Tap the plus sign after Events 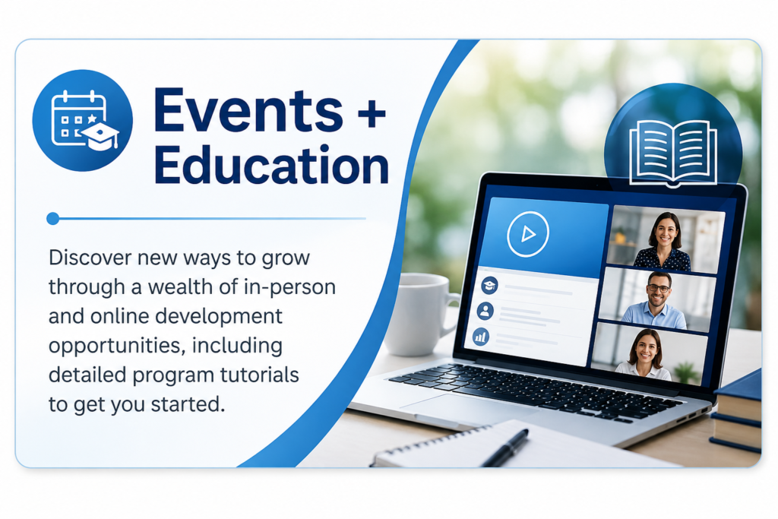click(x=371, y=113)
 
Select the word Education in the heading click(x=271, y=164)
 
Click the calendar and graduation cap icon click(x=82, y=120)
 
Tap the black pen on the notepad click(x=505, y=448)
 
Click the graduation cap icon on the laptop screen click(x=489, y=285)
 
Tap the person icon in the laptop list click(x=485, y=311)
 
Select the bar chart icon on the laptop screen click(x=481, y=337)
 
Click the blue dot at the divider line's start click(x=52, y=218)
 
